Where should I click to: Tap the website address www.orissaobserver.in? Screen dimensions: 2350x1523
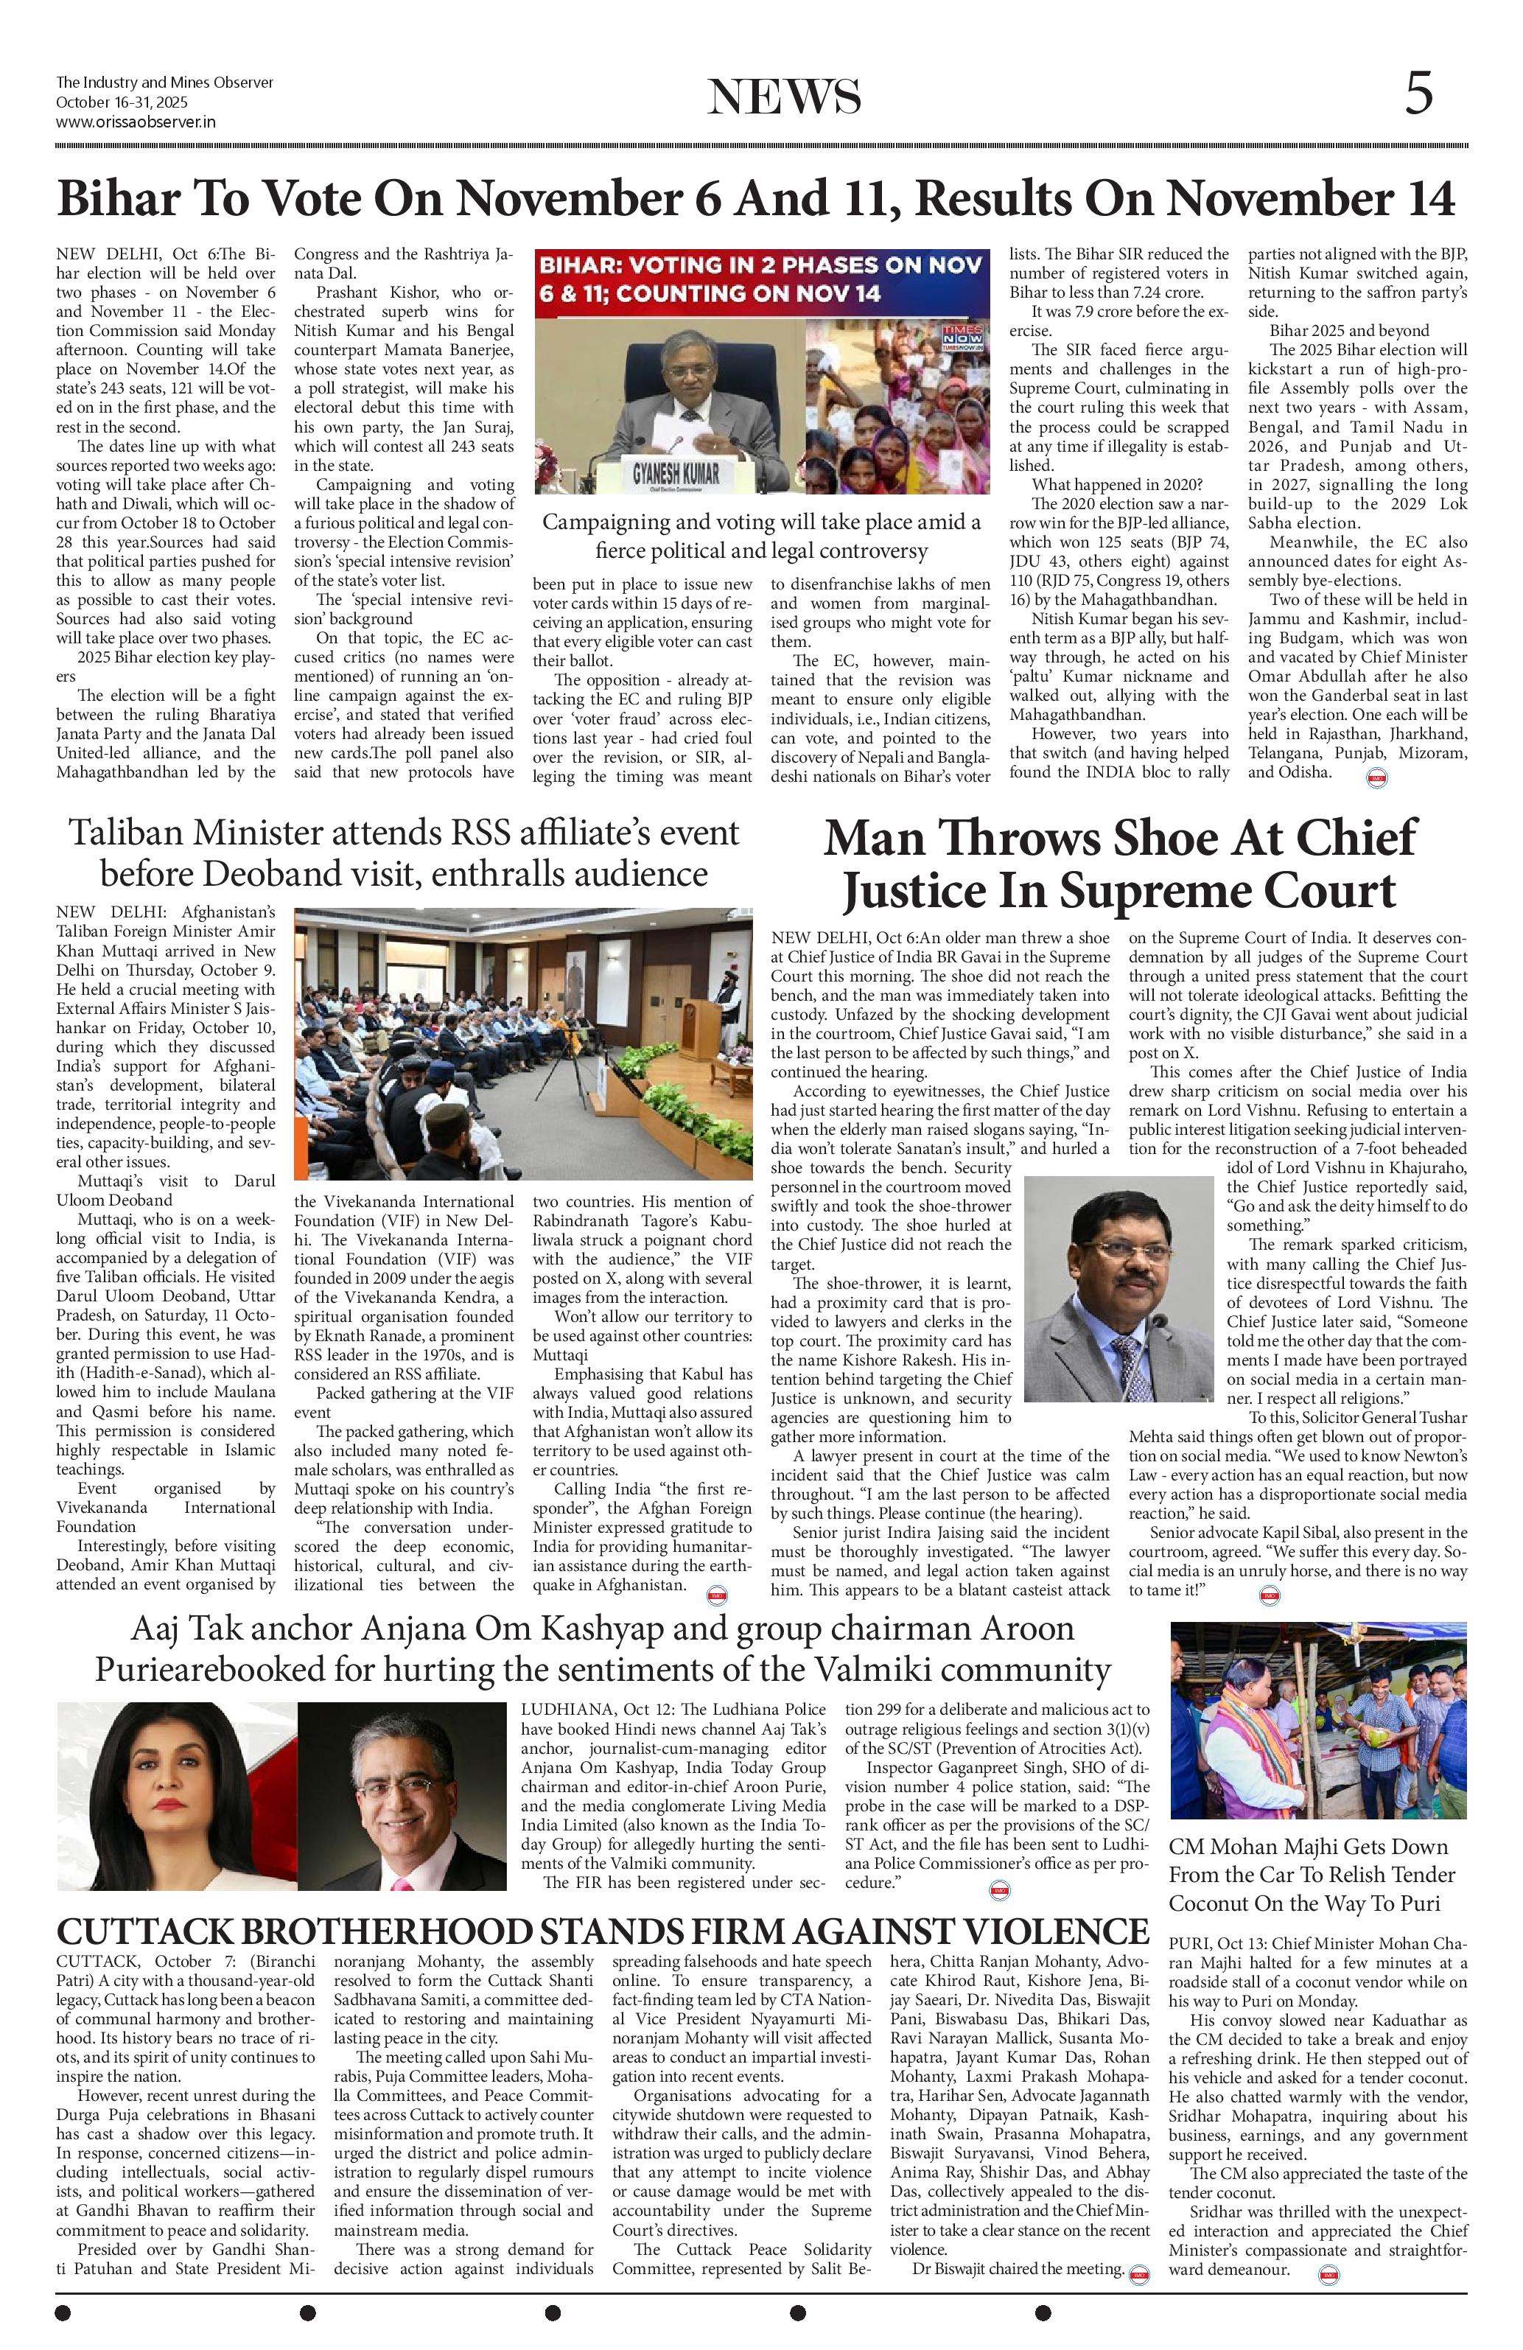(x=136, y=122)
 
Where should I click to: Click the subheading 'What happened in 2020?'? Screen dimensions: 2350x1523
(x=1116, y=484)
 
